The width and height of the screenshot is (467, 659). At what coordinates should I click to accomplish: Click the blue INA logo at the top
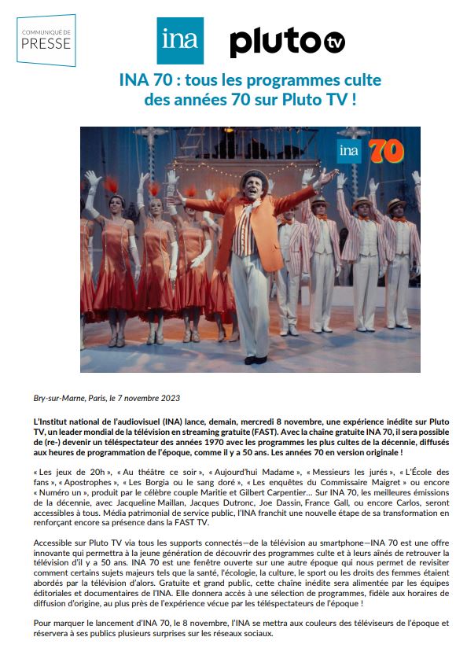179,40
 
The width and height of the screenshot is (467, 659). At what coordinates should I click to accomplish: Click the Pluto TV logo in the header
287,42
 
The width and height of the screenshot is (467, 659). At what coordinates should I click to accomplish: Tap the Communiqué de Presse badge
46,40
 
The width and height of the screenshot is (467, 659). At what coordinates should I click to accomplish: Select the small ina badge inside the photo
350,150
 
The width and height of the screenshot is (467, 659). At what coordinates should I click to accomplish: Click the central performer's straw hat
251,175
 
